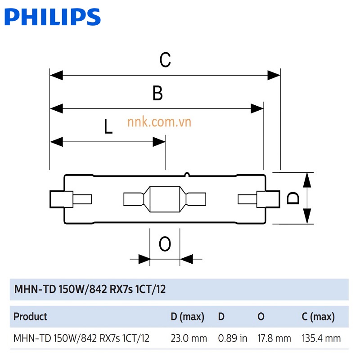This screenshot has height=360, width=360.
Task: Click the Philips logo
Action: point(53,17)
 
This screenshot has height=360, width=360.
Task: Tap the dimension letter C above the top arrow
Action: point(165,60)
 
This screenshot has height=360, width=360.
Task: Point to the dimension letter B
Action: point(157,93)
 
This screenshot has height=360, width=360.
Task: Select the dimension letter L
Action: point(108,126)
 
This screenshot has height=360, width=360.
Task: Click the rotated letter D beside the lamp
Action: point(293,198)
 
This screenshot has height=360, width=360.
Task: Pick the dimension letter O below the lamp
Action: point(165,243)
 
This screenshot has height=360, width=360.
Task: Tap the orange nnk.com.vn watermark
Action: point(159,122)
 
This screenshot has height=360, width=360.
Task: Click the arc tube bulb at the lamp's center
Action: point(165,199)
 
